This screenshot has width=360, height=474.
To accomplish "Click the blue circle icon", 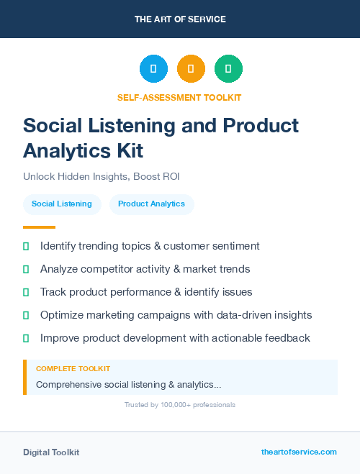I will click(153, 69).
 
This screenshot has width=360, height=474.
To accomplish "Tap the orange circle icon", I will click(191, 69).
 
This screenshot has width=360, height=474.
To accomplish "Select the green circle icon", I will click(228, 69).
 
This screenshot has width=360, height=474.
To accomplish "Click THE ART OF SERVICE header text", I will click(180, 19).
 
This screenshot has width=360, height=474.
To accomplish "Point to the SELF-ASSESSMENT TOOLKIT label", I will click(180, 97).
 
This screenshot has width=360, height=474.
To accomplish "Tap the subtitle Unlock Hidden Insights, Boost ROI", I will click(101, 176).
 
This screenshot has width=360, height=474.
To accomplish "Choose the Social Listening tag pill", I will click(62, 204).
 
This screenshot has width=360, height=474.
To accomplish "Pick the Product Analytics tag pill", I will click(151, 204).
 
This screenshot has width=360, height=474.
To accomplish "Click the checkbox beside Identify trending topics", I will click(27, 246).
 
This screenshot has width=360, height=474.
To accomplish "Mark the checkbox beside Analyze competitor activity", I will click(27, 269).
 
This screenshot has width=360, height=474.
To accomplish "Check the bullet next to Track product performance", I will click(27, 292).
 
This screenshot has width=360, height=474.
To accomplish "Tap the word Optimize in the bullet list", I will click(62, 315).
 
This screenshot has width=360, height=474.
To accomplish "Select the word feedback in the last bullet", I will click(287, 338).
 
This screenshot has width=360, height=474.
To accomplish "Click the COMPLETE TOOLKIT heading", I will click(73, 369).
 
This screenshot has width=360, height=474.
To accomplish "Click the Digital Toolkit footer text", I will click(51, 452).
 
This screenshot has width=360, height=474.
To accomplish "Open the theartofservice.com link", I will click(299, 452).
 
